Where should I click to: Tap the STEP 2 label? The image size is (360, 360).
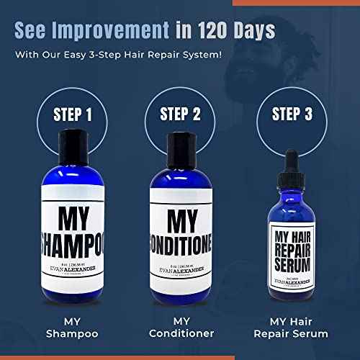tap(180, 114)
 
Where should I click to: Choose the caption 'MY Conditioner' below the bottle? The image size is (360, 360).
tap(180, 326)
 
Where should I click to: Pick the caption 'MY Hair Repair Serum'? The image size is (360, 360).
tap(295, 326)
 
